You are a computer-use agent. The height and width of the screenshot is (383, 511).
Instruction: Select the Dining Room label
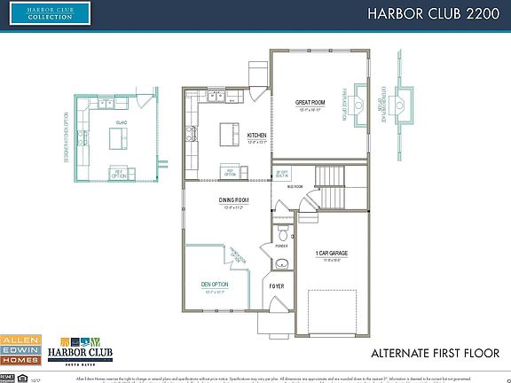[233, 201]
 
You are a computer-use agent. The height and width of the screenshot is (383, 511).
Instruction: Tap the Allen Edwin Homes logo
[20, 349]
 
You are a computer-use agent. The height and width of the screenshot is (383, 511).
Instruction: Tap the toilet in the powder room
[282, 235]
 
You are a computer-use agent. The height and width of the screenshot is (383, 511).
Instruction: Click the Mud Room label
[295, 187]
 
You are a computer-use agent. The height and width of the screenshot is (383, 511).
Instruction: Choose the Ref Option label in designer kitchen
[117, 174]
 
